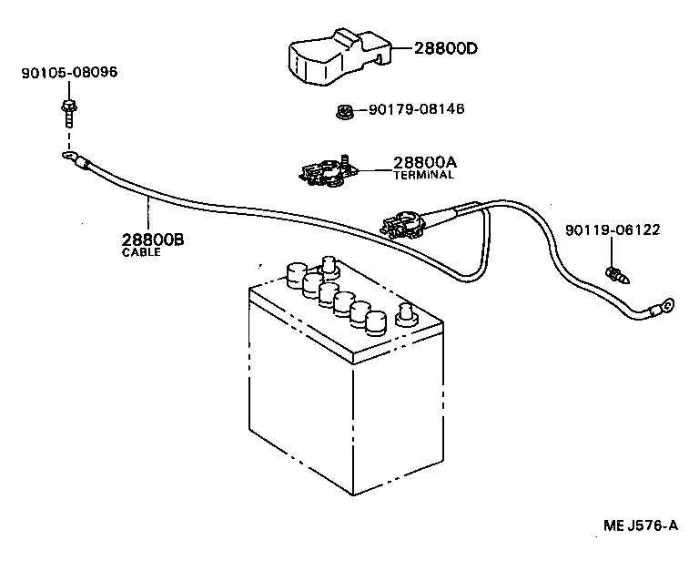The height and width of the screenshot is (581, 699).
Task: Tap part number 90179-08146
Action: click(x=416, y=109)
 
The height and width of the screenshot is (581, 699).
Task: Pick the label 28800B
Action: click(x=152, y=240)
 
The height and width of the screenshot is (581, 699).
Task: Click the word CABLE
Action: click(x=141, y=252)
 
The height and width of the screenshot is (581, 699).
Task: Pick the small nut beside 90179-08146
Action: click(x=343, y=113)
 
